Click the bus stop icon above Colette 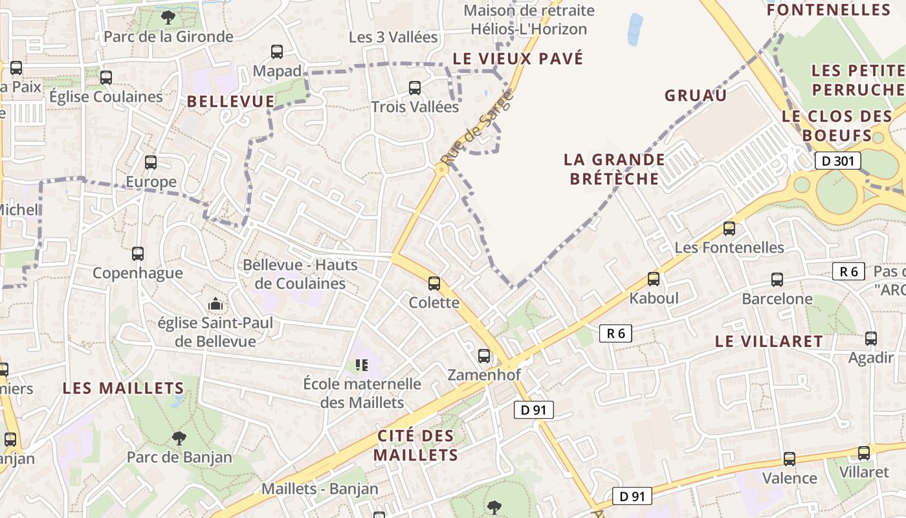pos(434,283)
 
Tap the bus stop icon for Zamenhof pos(483,355)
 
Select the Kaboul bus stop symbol pos(654,279)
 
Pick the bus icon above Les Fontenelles pos(729,228)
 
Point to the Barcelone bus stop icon pos(777,280)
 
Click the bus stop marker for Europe pos(151,162)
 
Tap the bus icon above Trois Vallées pos(415,87)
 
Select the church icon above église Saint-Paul pos(215,303)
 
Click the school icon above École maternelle pos(362,365)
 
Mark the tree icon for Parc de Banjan pos(179,438)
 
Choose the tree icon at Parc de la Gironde pos(168,17)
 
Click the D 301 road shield pos(837,161)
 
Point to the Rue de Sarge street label pos(476,127)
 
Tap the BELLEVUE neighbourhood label pos(231,102)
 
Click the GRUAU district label pos(696,96)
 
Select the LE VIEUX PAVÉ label pos(518,59)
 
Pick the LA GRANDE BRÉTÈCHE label pos(614,169)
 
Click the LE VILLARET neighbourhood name pos(769,341)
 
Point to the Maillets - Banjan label pos(320,489)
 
